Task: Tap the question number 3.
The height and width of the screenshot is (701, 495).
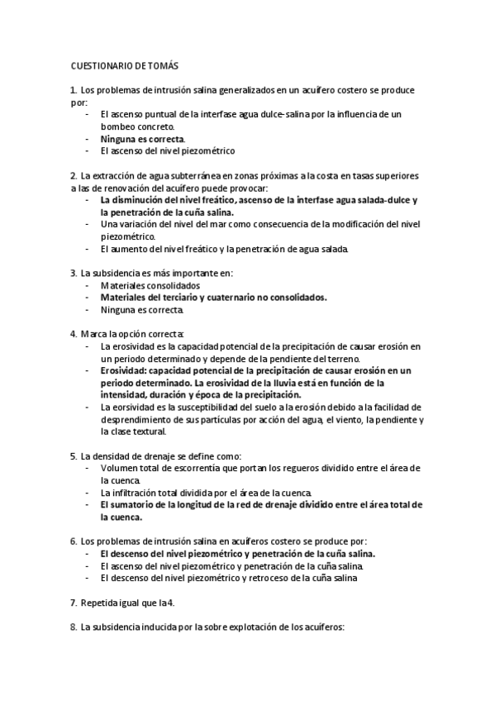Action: [x=74, y=272]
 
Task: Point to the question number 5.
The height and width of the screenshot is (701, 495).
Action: [x=74, y=455]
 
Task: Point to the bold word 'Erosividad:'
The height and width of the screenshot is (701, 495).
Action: [x=126, y=370]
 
